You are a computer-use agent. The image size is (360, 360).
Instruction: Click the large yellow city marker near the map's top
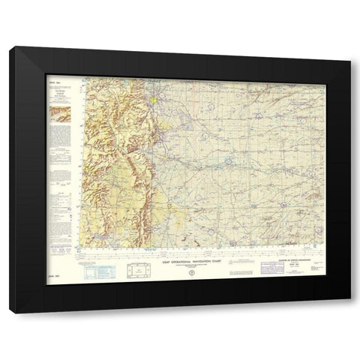[152, 99]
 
